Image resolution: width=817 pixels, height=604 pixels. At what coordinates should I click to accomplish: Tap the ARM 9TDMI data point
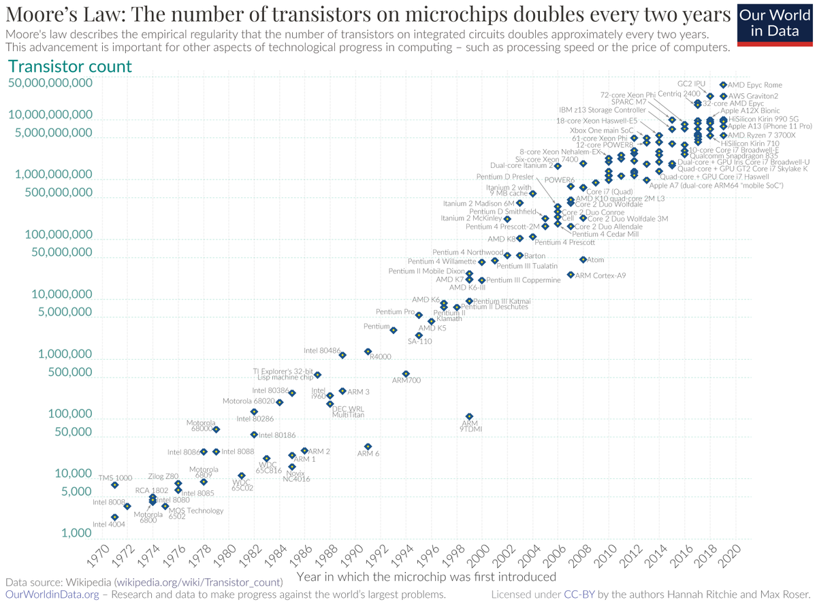(469, 416)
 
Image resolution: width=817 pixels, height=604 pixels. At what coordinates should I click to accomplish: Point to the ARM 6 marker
(368, 447)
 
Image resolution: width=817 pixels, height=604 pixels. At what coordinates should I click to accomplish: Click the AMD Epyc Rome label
(756, 85)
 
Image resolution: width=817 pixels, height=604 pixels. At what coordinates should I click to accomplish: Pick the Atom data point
(583, 260)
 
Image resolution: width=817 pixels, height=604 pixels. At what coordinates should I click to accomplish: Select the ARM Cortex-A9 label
(600, 275)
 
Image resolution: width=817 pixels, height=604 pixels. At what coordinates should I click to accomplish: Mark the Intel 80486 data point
(342, 355)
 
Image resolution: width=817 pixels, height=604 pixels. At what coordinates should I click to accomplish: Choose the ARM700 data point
(406, 373)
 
